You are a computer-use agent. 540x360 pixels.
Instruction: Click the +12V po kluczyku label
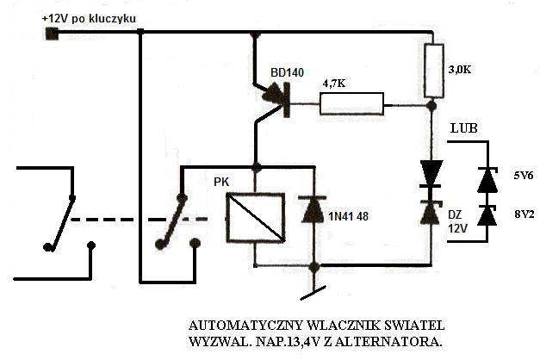tap(94, 18)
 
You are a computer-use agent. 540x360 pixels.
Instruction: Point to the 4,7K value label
tap(337, 84)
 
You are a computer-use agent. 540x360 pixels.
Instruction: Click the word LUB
tap(464, 128)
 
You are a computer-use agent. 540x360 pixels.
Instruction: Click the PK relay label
tap(222, 183)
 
